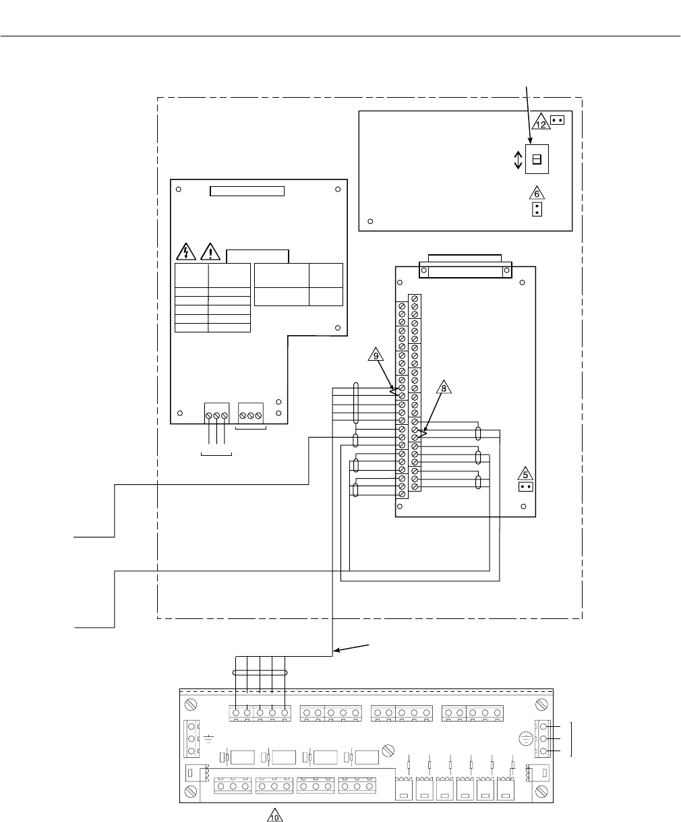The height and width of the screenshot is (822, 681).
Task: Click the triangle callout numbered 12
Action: pyautogui.click(x=541, y=123)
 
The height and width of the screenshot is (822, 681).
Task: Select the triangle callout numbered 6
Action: pyautogui.click(x=537, y=194)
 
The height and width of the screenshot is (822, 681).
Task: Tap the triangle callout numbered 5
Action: pyautogui.click(x=528, y=473)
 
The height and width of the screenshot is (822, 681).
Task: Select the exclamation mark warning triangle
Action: pyautogui.click(x=211, y=252)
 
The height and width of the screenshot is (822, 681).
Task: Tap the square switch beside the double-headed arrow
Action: pyautogui.click(x=537, y=159)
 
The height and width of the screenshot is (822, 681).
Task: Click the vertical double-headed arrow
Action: pyautogui.click(x=518, y=160)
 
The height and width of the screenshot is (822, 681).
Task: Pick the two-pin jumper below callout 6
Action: pyautogui.click(x=537, y=210)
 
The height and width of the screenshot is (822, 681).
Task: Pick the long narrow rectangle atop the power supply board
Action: pyautogui.click(x=247, y=191)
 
